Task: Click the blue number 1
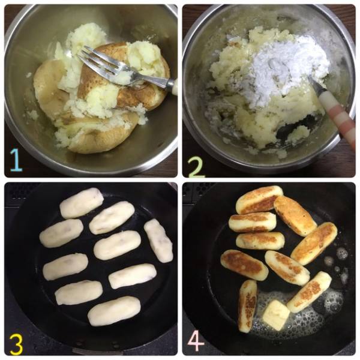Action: click(16, 160)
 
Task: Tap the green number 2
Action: click(196, 167)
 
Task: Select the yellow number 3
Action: click(16, 344)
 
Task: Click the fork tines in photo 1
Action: click(97, 59)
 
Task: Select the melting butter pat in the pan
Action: click(275, 314)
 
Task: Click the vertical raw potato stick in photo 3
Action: click(158, 240)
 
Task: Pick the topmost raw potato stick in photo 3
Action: click(82, 203)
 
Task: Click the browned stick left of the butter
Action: click(247, 306)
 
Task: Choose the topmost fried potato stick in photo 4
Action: click(259, 199)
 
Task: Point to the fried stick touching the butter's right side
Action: click(309, 292)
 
